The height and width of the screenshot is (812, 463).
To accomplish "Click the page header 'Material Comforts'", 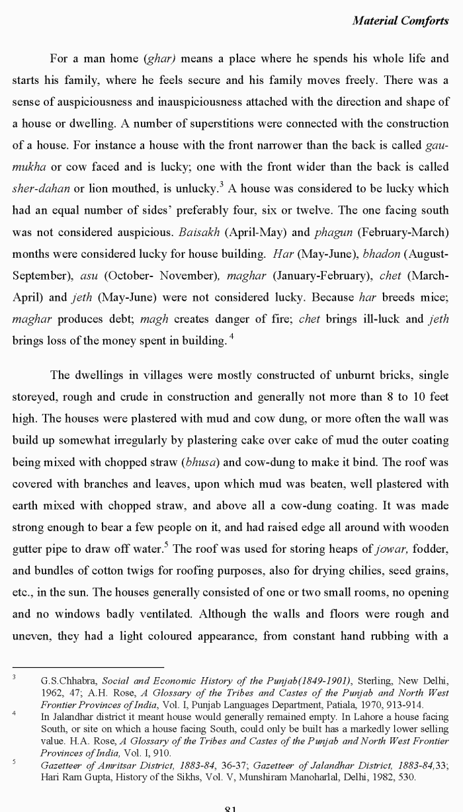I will point(400,20).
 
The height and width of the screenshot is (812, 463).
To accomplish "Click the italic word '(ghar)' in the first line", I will point(159,59).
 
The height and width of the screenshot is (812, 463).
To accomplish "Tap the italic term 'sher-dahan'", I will point(41,188).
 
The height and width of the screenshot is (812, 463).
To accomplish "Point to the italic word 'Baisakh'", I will point(199,232).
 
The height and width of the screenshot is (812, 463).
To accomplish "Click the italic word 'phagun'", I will point(340,232).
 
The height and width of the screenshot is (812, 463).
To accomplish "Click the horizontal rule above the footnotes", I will point(88,667).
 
